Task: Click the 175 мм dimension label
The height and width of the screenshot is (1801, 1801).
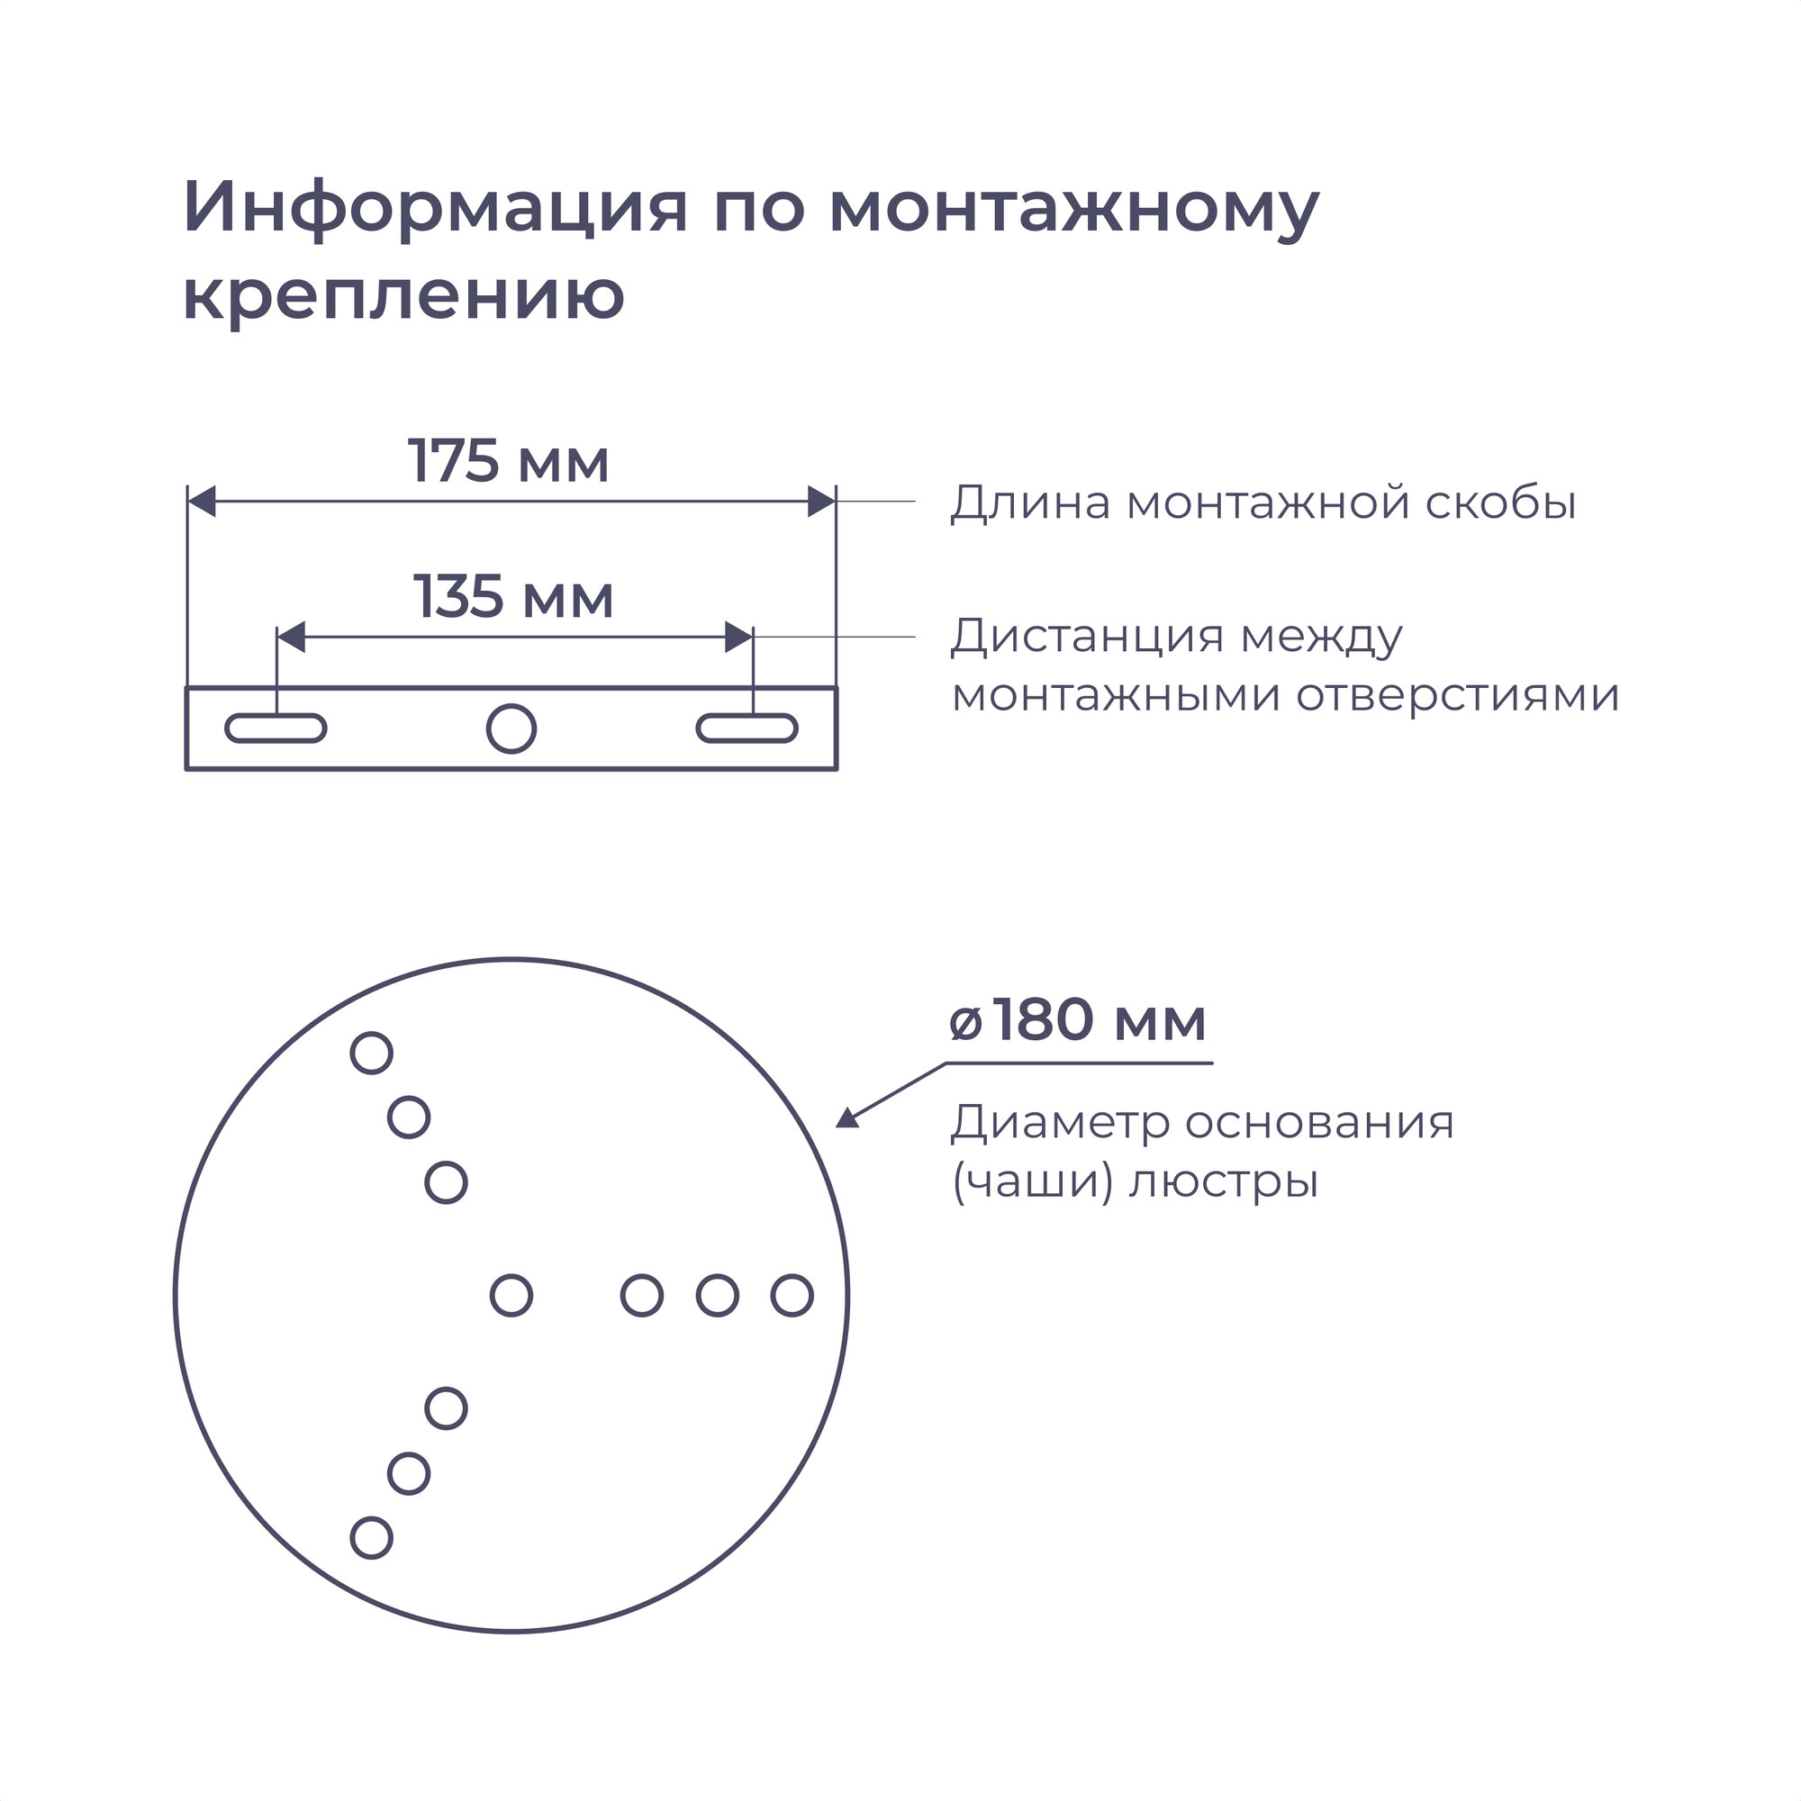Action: [508, 460]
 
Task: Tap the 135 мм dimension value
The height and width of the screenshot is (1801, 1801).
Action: [512, 597]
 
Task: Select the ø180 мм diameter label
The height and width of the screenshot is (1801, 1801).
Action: [1077, 1020]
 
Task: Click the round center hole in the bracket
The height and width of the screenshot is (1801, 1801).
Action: [511, 728]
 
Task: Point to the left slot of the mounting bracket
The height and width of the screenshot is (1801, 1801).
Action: [276, 728]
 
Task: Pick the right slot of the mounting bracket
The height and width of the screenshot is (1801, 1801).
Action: [747, 728]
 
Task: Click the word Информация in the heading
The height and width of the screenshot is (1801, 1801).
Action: [434, 207]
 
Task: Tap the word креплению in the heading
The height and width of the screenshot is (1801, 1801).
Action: [403, 294]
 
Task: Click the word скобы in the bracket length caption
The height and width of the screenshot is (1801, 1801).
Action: [1500, 502]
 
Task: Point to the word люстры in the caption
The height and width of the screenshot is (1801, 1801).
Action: [1223, 1182]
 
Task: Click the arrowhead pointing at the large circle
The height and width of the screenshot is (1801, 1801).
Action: [846, 1118]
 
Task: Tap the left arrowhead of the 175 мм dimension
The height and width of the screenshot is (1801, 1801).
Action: [202, 502]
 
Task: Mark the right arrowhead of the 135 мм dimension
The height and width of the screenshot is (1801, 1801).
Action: [738, 638]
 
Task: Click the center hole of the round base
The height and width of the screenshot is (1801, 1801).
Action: [511, 1295]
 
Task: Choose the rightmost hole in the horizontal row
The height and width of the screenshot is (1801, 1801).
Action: [792, 1295]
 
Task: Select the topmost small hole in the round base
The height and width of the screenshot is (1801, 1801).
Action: [371, 1054]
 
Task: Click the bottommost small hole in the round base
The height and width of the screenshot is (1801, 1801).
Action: [371, 1538]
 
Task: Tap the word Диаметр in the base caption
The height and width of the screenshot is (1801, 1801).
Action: [1059, 1122]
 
